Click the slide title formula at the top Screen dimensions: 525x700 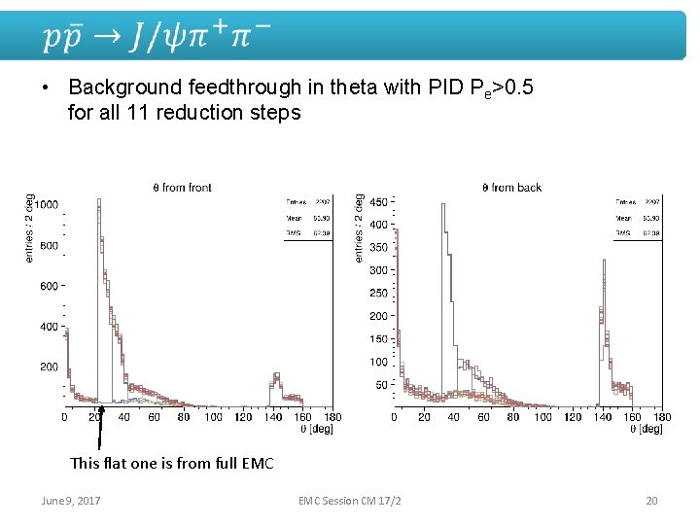click(x=156, y=37)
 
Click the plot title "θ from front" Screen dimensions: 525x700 click(x=182, y=187)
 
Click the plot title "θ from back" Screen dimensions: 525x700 click(x=511, y=187)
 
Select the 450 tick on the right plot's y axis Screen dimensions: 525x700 click(x=378, y=202)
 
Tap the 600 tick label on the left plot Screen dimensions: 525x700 click(x=48, y=287)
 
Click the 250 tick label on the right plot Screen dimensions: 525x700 click(x=378, y=294)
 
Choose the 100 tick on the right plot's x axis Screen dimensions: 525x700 click(x=542, y=417)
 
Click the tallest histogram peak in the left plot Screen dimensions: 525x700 click(x=99, y=202)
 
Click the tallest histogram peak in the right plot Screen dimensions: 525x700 click(x=443, y=206)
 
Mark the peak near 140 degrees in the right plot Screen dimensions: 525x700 click(x=605, y=262)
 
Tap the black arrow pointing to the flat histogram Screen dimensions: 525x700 click(x=101, y=428)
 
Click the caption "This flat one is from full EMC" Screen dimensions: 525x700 click(x=172, y=463)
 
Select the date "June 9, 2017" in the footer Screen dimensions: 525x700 click(x=70, y=501)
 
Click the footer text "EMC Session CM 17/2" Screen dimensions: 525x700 click(x=350, y=501)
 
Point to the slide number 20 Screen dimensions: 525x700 click(x=651, y=501)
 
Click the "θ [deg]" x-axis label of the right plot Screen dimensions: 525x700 click(x=644, y=429)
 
